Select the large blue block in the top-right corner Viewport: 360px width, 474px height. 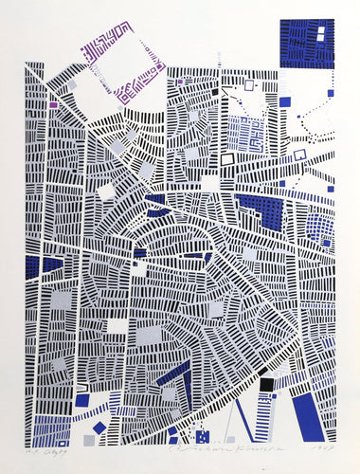308,42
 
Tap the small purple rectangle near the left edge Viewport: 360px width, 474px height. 54,104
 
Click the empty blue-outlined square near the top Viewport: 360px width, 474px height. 249,85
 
